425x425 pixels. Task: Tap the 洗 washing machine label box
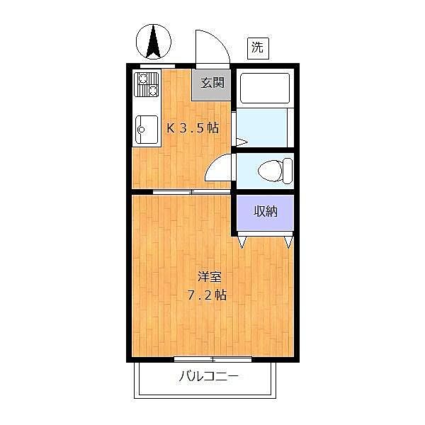point(258,48)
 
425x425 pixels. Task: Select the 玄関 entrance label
point(212,83)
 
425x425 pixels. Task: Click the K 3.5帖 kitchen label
point(192,128)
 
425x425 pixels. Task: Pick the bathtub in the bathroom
point(264,89)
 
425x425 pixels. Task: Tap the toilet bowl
point(273,171)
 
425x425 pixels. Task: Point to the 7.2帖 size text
point(208,295)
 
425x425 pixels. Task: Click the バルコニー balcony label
point(208,375)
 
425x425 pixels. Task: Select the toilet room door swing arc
point(218,168)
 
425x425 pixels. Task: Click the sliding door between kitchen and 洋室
point(192,192)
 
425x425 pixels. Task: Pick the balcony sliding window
point(212,359)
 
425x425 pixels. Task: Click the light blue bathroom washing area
point(261,127)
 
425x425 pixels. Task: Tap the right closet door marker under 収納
point(289,242)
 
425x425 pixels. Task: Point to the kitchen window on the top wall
point(157,66)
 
